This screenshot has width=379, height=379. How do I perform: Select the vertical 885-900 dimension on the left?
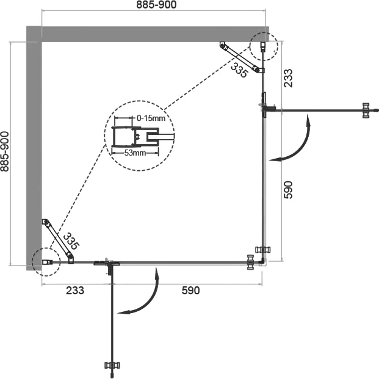6,152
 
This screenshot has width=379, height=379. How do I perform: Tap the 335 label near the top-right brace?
240,71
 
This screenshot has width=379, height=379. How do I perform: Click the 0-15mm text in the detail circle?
150,118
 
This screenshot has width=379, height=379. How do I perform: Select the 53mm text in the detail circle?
135,153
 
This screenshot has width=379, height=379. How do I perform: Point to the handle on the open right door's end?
366,110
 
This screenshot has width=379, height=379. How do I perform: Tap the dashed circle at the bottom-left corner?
46,261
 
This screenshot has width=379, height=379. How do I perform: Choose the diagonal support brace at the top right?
242,59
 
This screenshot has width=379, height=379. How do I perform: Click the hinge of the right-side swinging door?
266,108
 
